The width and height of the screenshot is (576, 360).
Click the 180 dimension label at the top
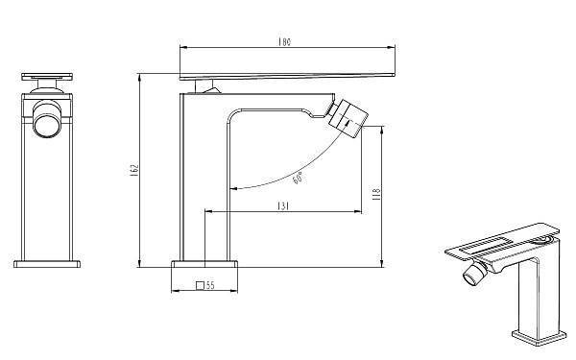pos(285,42)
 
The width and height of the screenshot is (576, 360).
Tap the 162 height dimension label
pos(134,169)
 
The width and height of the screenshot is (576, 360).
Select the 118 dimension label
pos(376,194)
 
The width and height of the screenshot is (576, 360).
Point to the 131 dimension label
pos(283,206)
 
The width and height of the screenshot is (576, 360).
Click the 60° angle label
pos(299,178)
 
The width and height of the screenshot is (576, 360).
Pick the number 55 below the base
pos(210,285)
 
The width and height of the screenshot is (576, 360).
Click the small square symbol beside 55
pos(201,285)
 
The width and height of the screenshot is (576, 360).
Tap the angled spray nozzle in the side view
pos(348,118)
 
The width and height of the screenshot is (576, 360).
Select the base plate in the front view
pos(47,264)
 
